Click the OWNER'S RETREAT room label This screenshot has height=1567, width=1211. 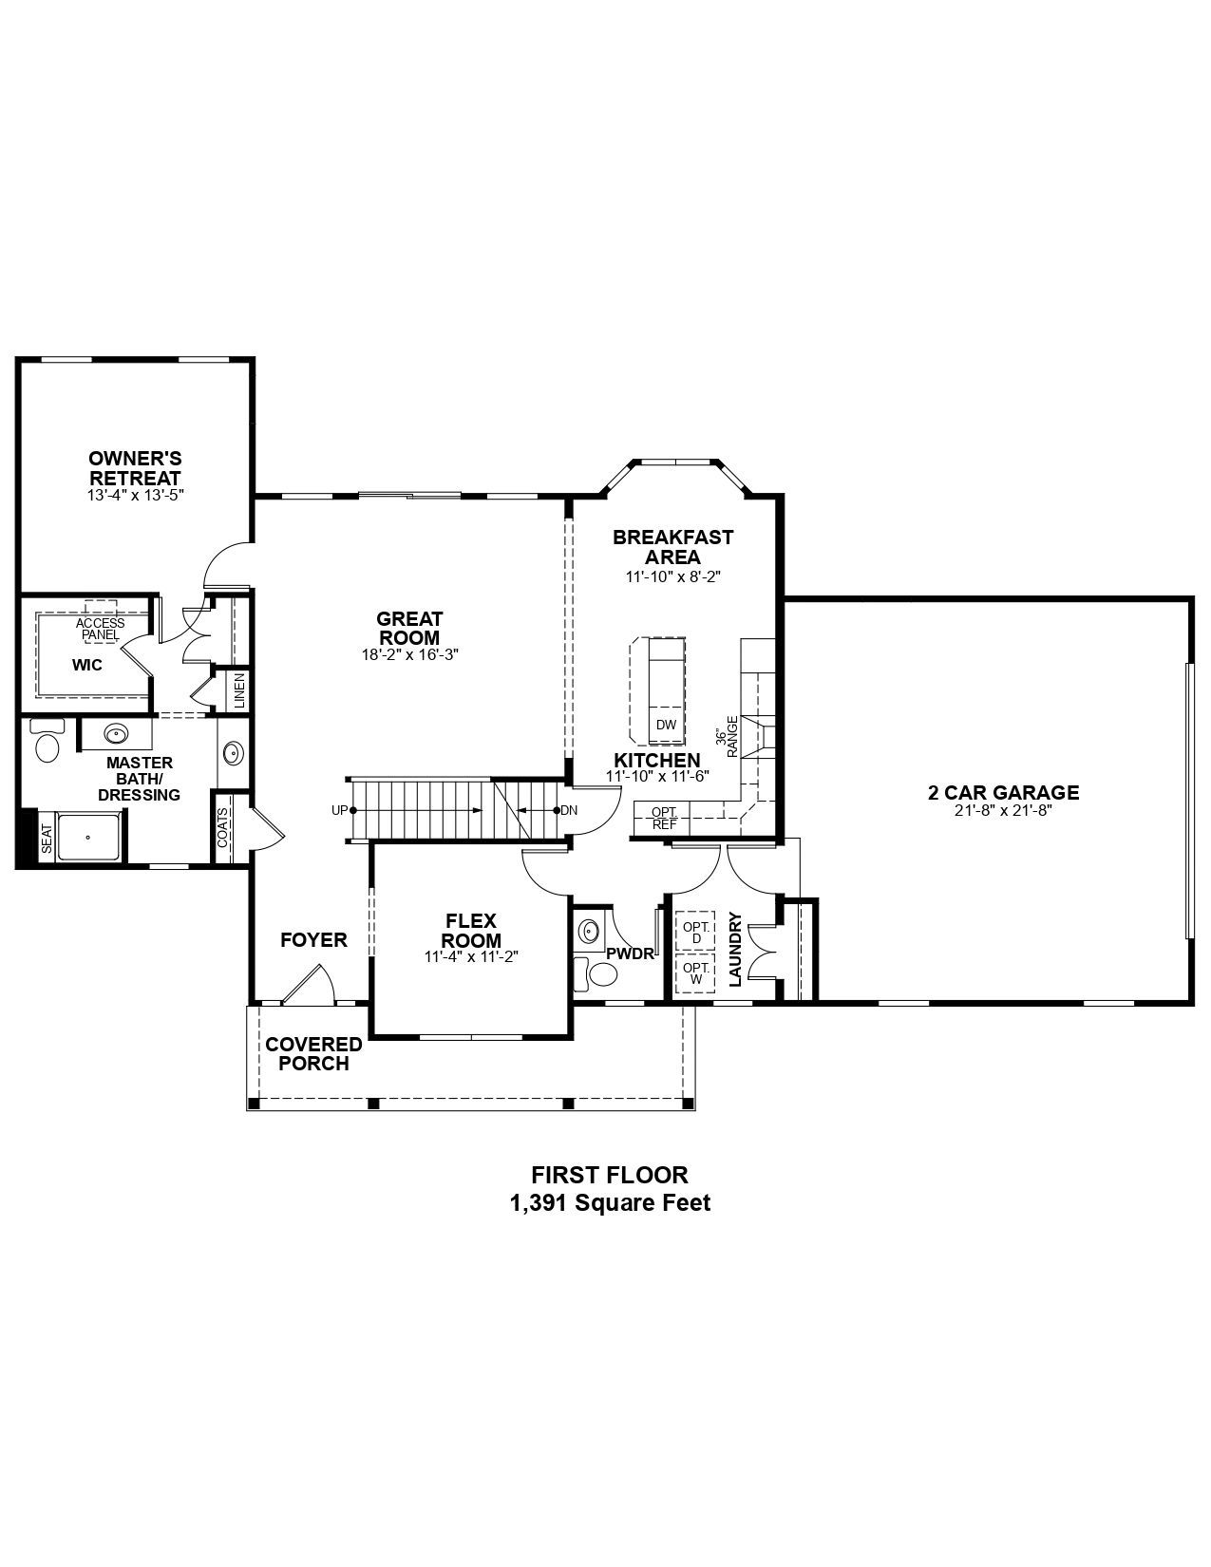[135, 468]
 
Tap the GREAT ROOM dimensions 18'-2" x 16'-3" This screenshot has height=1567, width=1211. [409, 654]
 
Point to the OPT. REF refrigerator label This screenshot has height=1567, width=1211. [664, 818]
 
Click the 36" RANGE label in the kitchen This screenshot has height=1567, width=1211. [727, 736]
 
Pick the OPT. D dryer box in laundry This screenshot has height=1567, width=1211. [695, 932]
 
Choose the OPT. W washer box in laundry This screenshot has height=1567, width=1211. [695, 973]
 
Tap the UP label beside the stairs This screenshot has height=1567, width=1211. [339, 810]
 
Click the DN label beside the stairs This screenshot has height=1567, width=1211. [569, 810]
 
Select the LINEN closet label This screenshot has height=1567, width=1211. [239, 690]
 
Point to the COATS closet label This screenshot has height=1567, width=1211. [223, 828]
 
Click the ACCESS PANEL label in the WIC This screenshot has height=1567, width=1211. [101, 629]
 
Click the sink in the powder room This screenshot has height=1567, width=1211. [590, 931]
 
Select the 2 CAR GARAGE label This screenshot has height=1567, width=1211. [1003, 792]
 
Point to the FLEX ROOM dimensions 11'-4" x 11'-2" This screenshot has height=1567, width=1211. [472, 957]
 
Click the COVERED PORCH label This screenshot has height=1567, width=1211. [313, 1053]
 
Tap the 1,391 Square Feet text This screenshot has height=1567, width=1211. [610, 1203]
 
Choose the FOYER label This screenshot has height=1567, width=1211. [313, 939]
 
